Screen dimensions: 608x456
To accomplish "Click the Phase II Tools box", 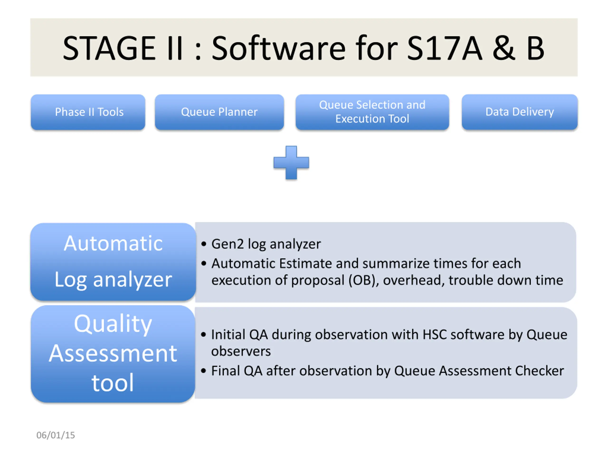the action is (88, 112).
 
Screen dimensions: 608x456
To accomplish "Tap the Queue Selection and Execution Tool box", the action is (372, 112).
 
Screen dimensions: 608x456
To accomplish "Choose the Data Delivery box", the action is (519, 112).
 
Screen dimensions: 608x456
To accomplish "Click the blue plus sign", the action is (291, 163).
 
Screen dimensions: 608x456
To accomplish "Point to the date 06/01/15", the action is (56, 435).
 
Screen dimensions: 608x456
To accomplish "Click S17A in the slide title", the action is (444, 48).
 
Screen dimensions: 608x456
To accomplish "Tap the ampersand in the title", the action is (503, 48).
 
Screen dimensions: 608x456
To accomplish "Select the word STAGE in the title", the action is (109, 48).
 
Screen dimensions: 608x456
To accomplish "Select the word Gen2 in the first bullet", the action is (227, 244).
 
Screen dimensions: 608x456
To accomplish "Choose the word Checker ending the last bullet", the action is (539, 371).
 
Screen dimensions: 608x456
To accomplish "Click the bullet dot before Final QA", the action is (203, 371).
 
